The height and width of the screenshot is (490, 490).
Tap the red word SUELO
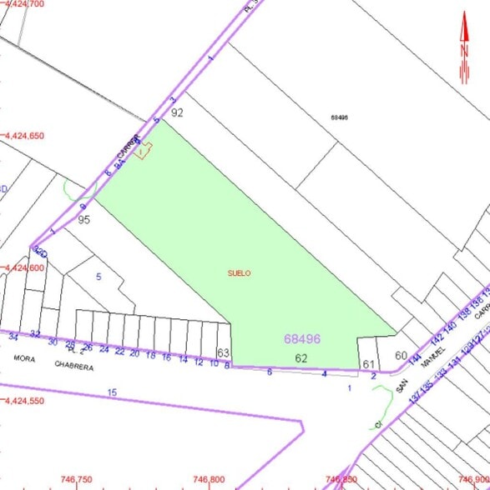click(239, 272)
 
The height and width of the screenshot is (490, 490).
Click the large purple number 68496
click(302, 339)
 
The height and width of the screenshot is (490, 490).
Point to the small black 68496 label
click(339, 117)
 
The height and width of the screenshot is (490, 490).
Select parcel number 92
click(177, 112)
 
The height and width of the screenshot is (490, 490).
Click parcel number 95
click(83, 220)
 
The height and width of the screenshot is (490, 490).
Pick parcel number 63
click(223, 353)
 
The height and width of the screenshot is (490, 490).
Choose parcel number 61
click(368, 363)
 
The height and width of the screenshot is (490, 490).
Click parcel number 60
click(402, 356)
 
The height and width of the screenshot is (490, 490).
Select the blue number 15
click(113, 392)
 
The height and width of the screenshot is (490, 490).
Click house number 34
click(13, 337)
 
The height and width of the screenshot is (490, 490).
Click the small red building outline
click(144, 150)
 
